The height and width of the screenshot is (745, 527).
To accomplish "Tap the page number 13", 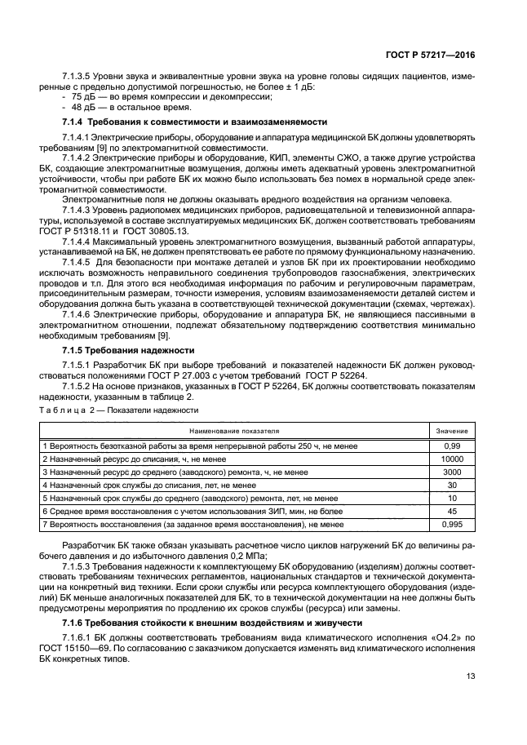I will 471,675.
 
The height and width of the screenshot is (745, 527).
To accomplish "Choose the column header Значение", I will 451,430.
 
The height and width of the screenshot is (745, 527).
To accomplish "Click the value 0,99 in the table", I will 451,446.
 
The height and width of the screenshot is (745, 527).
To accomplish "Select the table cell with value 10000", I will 451,459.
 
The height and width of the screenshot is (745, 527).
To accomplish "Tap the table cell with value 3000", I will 451,472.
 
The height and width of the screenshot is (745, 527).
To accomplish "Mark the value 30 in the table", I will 451,485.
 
